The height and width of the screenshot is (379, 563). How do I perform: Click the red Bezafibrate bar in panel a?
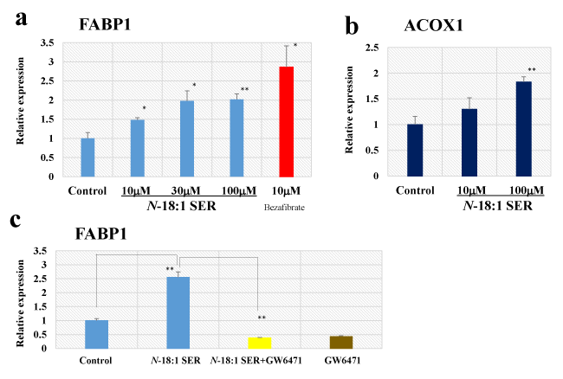pyautogui.click(x=287, y=121)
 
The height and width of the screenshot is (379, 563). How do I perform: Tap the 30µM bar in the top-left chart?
pyautogui.click(x=187, y=138)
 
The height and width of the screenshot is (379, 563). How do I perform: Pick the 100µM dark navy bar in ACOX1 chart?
pyautogui.click(x=523, y=128)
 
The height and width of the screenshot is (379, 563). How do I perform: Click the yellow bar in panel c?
pyautogui.click(x=260, y=343)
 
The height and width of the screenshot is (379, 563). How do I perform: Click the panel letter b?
pyautogui.click(x=353, y=26)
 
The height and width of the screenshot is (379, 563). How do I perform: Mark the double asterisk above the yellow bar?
pyautogui.click(x=261, y=318)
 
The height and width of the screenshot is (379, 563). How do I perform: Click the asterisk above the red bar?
pyautogui.click(x=295, y=46)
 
